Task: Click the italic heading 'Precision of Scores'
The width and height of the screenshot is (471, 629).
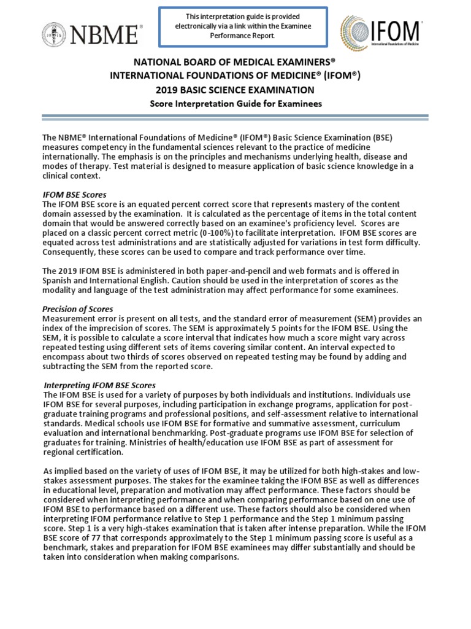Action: click(x=77, y=309)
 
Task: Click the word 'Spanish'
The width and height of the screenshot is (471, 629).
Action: click(x=58, y=280)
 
